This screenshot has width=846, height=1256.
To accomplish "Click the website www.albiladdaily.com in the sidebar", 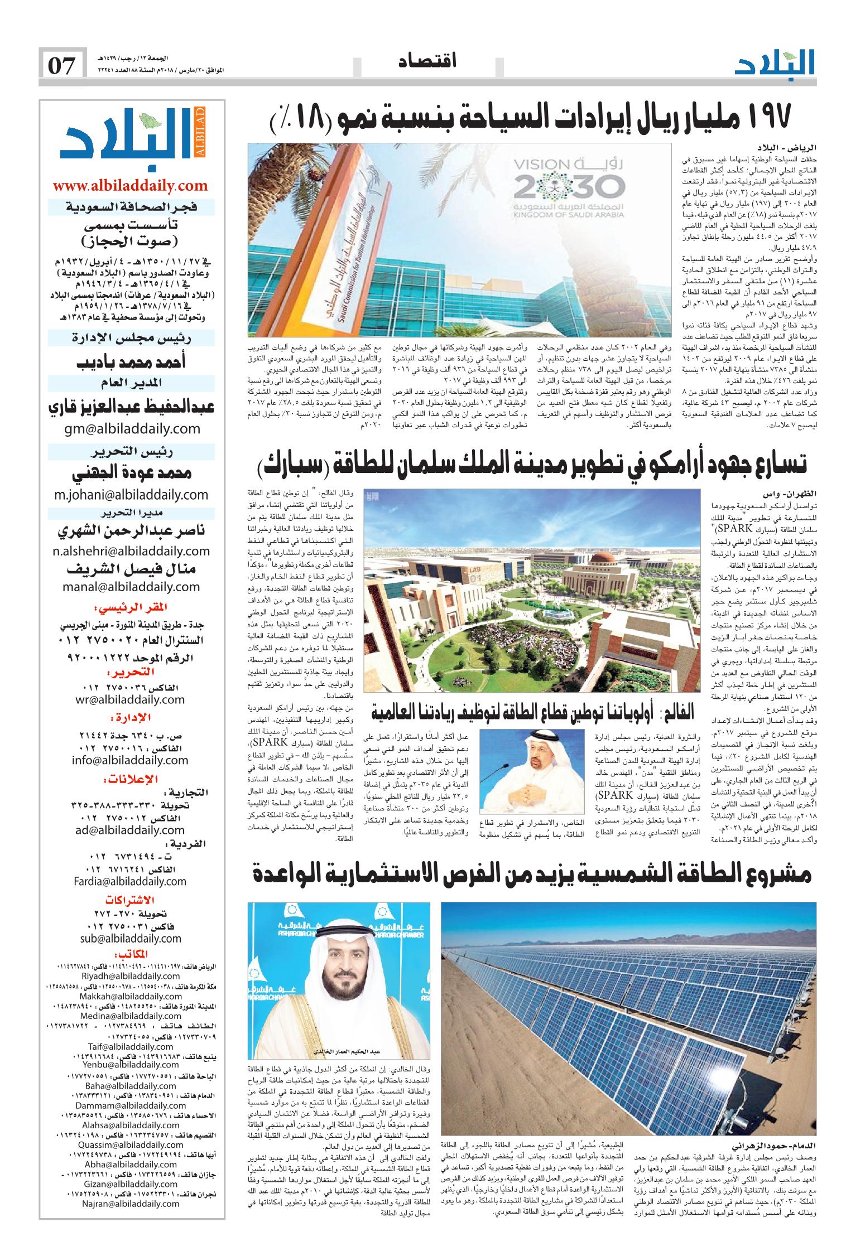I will [x=130, y=185].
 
